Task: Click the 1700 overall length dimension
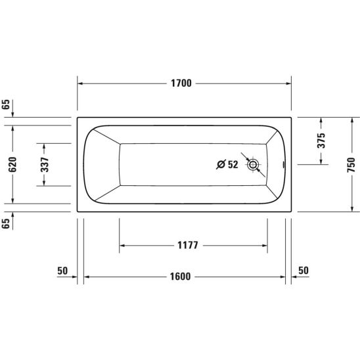tap(181, 83)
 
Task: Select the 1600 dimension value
tap(180, 277)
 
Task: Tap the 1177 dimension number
tap(188, 246)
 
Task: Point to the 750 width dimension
tap(351, 165)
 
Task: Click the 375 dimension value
tap(321, 141)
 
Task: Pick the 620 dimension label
tap(12, 164)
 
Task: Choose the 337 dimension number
tap(45, 165)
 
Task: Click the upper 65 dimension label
tap(6, 104)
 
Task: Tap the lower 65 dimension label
tap(6, 223)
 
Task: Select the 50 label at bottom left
tap(62, 271)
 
